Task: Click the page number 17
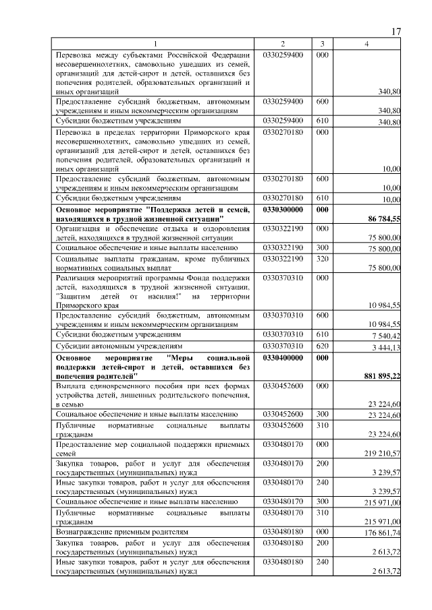tap(396, 32)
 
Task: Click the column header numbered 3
tap(323, 44)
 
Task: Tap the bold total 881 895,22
tap(381, 375)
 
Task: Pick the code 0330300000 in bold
tap(283, 211)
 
